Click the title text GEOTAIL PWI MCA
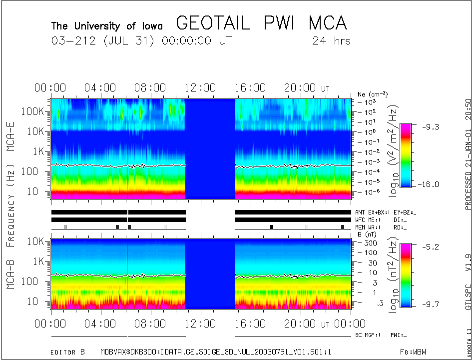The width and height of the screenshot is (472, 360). click(x=261, y=23)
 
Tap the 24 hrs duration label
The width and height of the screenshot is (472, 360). click(x=331, y=40)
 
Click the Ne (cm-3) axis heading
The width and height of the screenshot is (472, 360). click(x=373, y=94)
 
